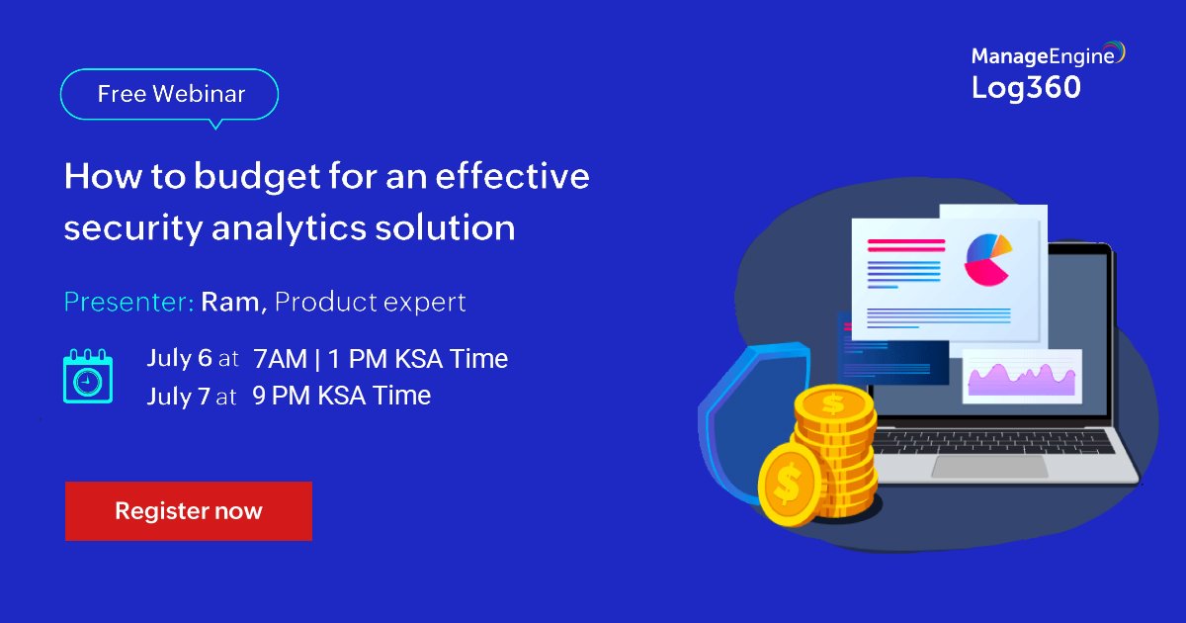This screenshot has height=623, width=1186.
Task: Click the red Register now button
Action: tap(188, 511)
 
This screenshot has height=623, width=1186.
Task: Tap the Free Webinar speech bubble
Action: tap(170, 95)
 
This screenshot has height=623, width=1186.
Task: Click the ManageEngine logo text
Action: tap(1045, 55)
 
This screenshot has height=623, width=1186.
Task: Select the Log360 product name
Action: tap(1026, 88)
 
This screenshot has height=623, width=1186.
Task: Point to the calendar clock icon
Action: tap(88, 376)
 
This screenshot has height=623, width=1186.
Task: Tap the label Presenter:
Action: tap(128, 302)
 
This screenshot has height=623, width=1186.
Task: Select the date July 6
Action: tap(179, 358)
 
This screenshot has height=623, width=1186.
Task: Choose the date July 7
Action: tap(179, 397)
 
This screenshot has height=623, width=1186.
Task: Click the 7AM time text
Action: tap(280, 359)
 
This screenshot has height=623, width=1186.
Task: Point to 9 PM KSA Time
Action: tap(341, 397)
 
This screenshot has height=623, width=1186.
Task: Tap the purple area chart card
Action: tap(1022, 377)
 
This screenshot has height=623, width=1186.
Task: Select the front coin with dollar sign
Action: tap(788, 485)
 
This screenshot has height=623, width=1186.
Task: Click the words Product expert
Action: tap(370, 302)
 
